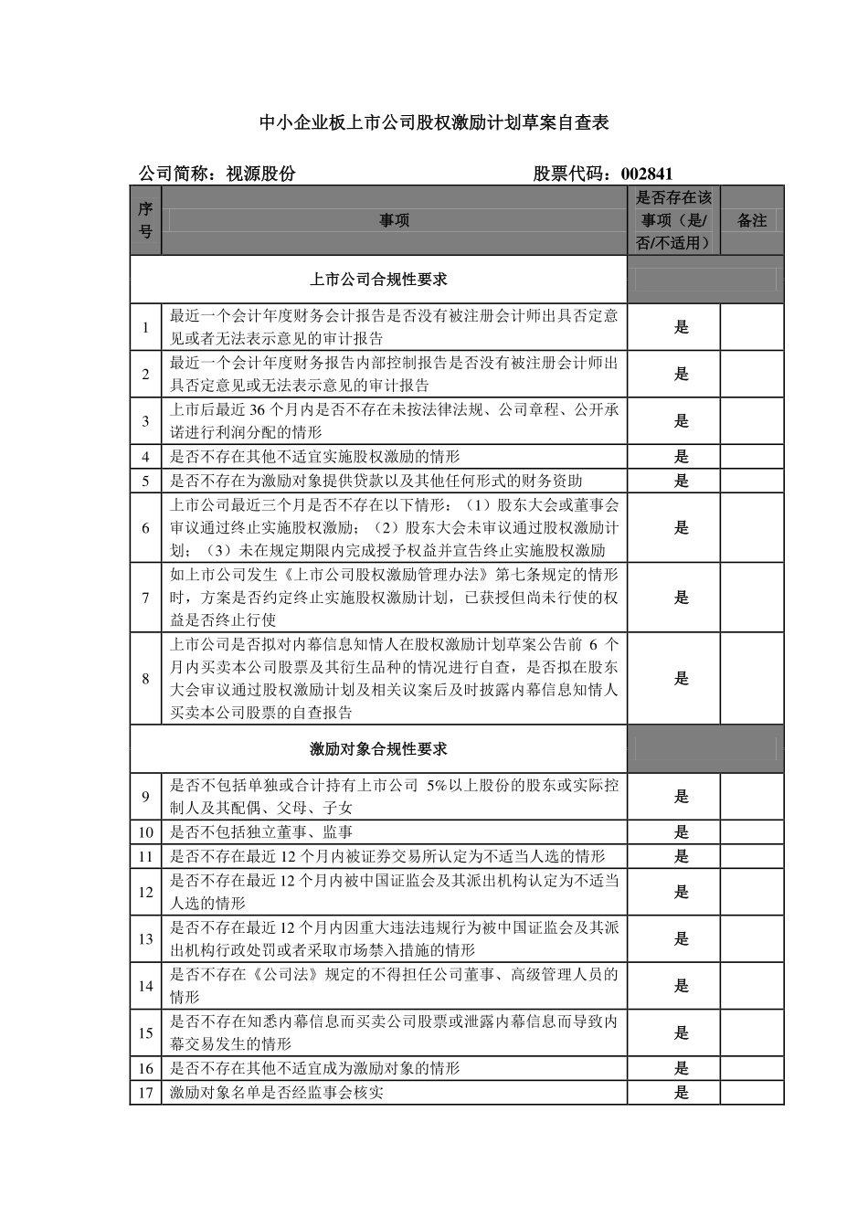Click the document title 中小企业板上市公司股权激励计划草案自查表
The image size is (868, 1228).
tap(434, 122)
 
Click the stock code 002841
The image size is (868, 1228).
tap(647, 174)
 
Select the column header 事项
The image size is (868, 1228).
tap(394, 220)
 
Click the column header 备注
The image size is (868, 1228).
tap(751, 220)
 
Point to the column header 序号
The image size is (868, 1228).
tap(145, 220)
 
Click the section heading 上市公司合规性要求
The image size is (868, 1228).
tap(378, 279)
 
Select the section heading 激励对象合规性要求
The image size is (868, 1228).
tap(378, 749)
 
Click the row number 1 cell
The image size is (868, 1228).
tap(145, 327)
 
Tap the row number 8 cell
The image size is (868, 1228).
tap(145, 679)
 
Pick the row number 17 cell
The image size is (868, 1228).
tap(145, 1093)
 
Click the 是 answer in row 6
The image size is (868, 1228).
tap(681, 528)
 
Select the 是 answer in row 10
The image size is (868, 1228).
tap(681, 832)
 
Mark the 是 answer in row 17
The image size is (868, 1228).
tap(681, 1093)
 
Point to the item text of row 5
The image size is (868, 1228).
tap(376, 481)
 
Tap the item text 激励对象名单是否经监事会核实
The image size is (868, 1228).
tap(276, 1093)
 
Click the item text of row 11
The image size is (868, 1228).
tap(387, 856)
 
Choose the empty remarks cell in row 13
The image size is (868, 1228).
tap(751, 939)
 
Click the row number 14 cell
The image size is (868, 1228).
tap(145, 986)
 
